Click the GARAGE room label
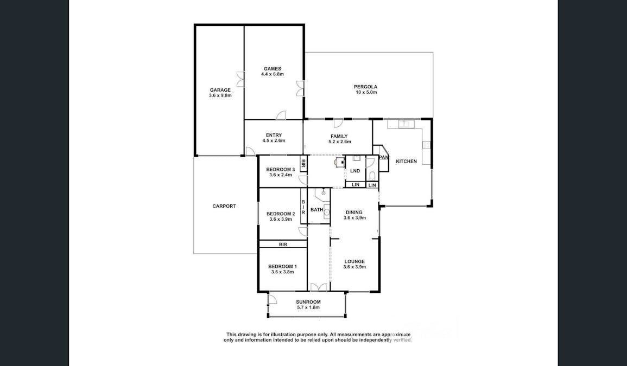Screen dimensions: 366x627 [220, 90]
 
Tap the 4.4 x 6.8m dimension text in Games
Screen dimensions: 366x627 [273, 74]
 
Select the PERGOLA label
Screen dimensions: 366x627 [365, 87]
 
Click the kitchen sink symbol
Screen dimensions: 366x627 [405, 124]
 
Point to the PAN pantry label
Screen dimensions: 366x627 [384, 158]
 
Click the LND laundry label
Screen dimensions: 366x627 [355, 171]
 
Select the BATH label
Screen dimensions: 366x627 [316, 210]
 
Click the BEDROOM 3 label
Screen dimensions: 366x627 [281, 170]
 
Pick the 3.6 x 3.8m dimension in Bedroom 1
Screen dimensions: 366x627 [282, 272]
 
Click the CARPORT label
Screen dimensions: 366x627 [224, 206]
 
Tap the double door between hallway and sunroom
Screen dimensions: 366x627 [319, 287]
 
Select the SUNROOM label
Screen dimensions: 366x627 [308, 302]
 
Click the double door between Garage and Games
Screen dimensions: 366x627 [240, 79]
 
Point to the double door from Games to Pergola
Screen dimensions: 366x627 [300, 88]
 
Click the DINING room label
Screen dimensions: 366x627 [354, 213]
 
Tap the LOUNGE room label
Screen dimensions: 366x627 [354, 261]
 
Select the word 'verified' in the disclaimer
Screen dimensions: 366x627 [401, 340]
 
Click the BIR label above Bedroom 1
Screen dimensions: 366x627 [283, 245]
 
